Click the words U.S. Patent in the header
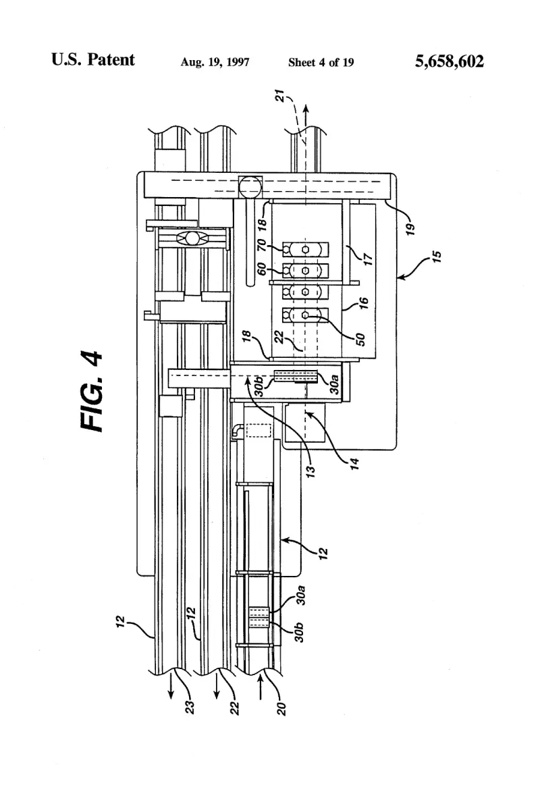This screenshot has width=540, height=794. pos(93,59)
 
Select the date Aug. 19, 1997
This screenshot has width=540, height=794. pos(215,62)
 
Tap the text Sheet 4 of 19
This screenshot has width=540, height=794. pos(321,62)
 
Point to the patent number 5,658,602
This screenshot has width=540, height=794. pos(450,61)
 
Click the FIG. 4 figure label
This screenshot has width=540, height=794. pos(92,392)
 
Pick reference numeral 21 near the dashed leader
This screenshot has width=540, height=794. pos(280,96)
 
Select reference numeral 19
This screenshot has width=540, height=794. pos(411,229)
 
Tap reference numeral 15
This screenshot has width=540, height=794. pos(437,257)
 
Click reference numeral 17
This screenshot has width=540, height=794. pos(369,259)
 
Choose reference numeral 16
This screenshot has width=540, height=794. pos(363,304)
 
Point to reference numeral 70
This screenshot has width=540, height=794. pos(262,246)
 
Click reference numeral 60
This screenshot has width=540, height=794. pos(262,269)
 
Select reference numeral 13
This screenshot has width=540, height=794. pos(310,469)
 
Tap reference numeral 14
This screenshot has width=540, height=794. pos(355,463)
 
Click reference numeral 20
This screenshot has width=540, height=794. pos(282,708)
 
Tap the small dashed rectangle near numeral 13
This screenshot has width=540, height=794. pos(259,431)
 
